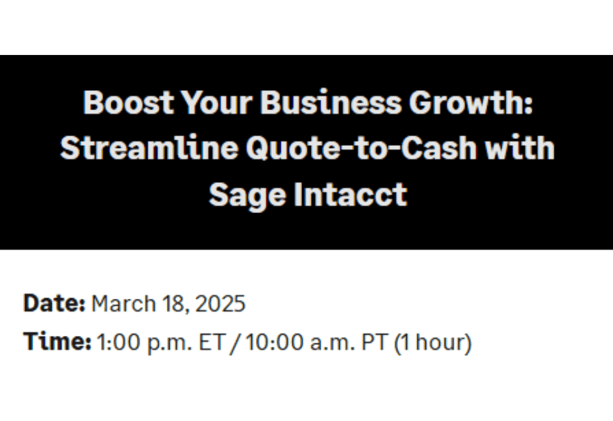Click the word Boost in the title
(128, 103)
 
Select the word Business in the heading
(331, 103)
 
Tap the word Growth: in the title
(471, 103)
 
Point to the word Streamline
(149, 148)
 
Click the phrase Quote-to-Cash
(362, 149)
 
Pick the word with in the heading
(520, 148)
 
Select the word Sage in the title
(248, 195)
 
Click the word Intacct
(351, 195)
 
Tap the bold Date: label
(54, 303)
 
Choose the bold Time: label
(58, 341)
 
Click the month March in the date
(123, 304)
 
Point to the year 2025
(220, 304)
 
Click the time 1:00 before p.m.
(118, 342)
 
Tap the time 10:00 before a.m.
(275, 342)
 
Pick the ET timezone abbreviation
(212, 342)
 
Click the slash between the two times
(235, 343)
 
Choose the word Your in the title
(217, 103)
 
